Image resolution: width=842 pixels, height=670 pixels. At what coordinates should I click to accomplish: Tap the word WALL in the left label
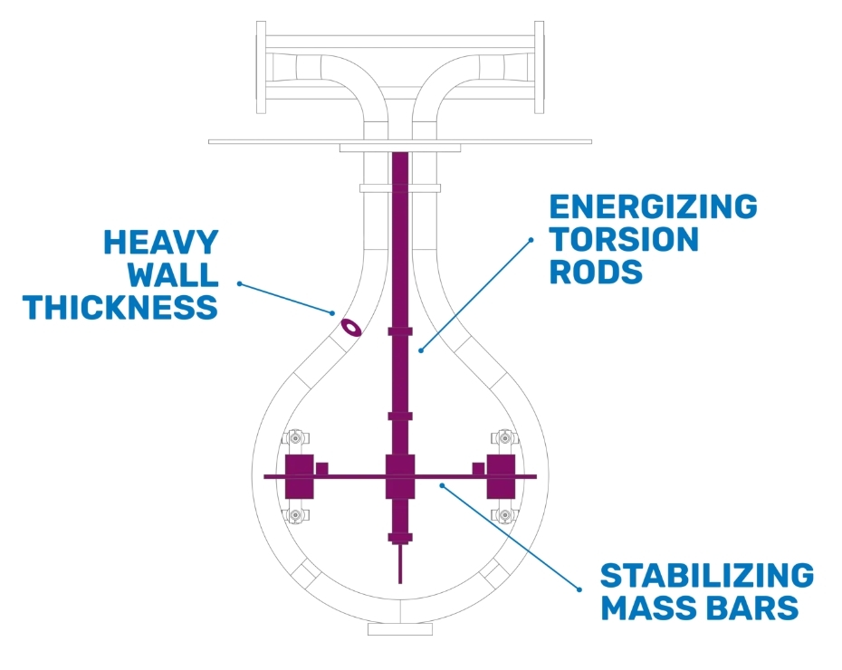[x=172, y=275]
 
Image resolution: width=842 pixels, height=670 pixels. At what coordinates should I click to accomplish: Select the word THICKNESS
[x=120, y=308]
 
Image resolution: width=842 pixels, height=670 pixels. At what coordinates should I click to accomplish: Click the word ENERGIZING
[x=653, y=206]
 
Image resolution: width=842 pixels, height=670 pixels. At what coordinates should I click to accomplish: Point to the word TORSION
[x=624, y=239]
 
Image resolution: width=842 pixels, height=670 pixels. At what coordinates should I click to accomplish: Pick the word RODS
[x=596, y=272]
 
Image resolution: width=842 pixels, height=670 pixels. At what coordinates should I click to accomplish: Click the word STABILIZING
[x=707, y=576]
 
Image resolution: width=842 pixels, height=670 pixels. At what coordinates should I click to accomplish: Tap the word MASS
[x=645, y=608]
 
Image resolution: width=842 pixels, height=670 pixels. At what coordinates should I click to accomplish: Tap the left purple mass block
[x=299, y=476]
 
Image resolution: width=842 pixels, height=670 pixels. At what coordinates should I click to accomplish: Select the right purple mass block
[x=501, y=476]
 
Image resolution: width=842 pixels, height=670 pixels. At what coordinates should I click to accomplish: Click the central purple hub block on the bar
[x=400, y=476]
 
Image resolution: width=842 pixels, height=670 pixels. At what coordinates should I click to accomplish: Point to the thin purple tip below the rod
[x=400, y=564]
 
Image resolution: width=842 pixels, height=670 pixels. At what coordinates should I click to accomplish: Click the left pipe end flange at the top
[x=261, y=67]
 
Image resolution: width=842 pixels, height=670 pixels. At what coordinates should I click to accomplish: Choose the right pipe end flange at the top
[x=539, y=67]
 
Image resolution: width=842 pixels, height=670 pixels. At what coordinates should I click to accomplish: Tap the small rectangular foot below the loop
[x=400, y=629]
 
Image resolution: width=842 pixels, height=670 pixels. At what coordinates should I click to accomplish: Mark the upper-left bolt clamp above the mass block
[x=295, y=437]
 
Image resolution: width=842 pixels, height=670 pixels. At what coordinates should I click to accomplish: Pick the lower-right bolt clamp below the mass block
[x=505, y=515]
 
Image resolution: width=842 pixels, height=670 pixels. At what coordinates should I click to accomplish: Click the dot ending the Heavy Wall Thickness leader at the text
[x=240, y=283]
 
